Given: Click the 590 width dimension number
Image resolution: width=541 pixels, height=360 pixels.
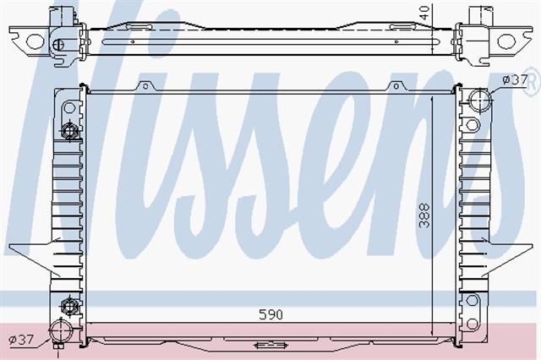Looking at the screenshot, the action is point(270,314).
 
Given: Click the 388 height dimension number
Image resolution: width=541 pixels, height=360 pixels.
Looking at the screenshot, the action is point(424,215).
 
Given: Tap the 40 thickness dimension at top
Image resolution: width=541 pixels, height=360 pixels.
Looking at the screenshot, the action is point(426,13).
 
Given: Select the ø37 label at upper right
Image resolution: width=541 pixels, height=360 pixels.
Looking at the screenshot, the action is point(515,80).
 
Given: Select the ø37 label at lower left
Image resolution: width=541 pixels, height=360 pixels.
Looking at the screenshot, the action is point(21,340).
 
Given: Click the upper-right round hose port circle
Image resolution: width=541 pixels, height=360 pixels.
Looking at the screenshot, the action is point(479,100).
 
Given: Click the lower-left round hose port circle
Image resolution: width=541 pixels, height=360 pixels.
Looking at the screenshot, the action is point(61,330).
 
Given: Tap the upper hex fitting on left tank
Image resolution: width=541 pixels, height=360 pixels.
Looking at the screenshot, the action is point(69,131).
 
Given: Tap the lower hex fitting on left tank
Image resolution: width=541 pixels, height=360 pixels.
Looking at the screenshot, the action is point(69,305).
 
